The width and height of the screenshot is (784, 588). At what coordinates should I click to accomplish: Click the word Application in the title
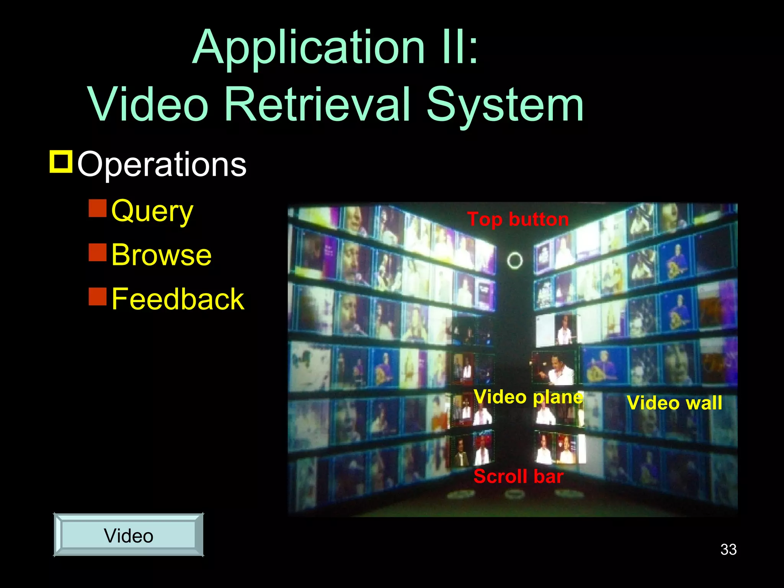pyautogui.click(x=309, y=48)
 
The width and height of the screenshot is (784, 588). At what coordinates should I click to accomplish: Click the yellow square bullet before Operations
pyautogui.click(x=61, y=162)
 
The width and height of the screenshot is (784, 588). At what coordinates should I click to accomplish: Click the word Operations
pyautogui.click(x=162, y=164)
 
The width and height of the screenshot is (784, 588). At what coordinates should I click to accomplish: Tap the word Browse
pyautogui.click(x=161, y=255)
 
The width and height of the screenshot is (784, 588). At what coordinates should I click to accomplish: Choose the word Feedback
pyautogui.click(x=178, y=299)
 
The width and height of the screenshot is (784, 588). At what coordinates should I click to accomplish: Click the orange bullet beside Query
pyautogui.click(x=97, y=208)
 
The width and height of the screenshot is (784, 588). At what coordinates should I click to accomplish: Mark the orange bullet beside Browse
pyautogui.click(x=97, y=252)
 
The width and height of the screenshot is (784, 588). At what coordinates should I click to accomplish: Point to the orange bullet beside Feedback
pyautogui.click(x=97, y=296)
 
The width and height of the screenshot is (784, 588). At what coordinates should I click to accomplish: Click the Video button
pyautogui.click(x=129, y=535)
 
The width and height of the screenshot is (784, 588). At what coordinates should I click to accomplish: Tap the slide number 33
pyautogui.click(x=728, y=549)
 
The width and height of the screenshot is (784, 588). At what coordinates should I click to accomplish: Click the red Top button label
pyautogui.click(x=518, y=219)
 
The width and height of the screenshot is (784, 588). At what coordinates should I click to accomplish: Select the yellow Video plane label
pyautogui.click(x=528, y=397)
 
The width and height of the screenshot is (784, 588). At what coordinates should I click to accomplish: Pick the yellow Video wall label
pyautogui.click(x=674, y=403)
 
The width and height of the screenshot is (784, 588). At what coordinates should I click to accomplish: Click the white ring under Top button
pyautogui.click(x=514, y=261)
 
